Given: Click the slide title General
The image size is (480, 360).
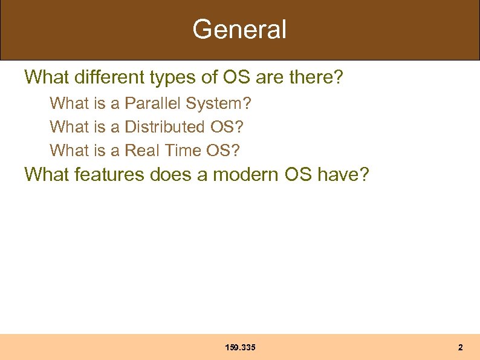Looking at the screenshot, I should [239, 29].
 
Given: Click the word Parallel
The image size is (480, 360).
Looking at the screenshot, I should [153, 104].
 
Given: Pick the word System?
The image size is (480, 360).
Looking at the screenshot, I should [218, 104].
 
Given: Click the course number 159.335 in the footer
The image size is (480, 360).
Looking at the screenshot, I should [240, 348].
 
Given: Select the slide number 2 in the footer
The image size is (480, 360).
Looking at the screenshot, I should [460, 348].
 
